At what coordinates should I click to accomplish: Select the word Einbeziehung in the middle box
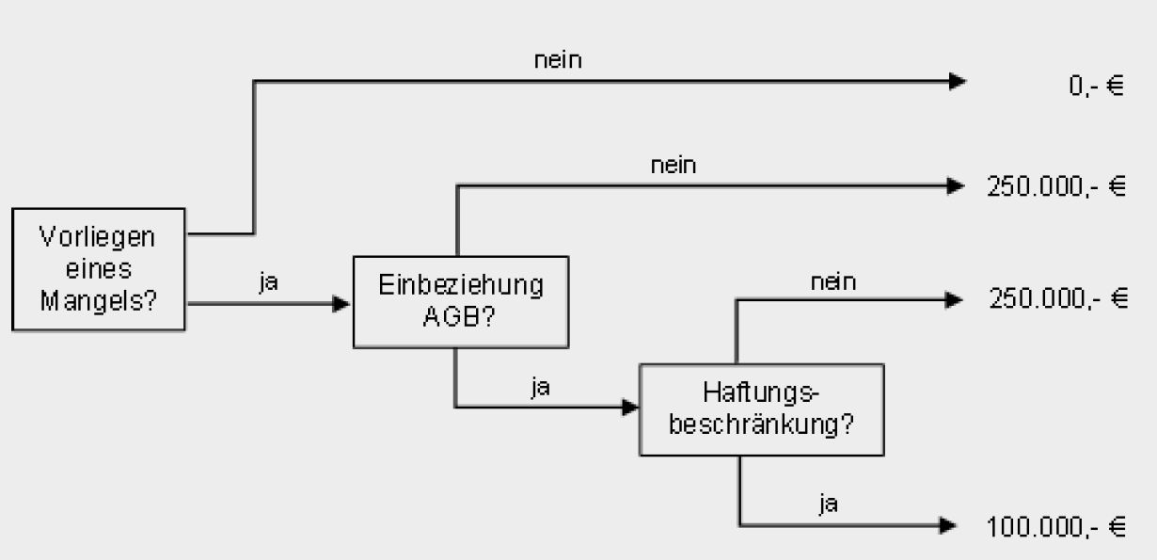[x=461, y=285]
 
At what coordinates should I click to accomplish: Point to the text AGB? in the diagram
[x=461, y=316]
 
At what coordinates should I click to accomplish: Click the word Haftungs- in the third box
[x=761, y=392]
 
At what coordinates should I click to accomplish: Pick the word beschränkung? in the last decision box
[x=761, y=424]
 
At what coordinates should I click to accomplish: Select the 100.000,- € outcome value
[x=1055, y=527]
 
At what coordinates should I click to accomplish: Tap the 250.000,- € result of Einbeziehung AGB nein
[x=1055, y=187]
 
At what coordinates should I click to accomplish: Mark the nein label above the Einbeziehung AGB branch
[x=674, y=167]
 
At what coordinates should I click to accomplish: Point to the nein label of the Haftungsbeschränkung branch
[x=832, y=280]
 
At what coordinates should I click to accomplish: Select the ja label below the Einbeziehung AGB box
[x=539, y=387]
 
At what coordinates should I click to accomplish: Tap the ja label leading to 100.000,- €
[x=828, y=504]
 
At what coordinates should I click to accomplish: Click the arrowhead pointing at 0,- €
[x=957, y=82]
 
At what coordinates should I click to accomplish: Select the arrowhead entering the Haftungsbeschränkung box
[x=629, y=408]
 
